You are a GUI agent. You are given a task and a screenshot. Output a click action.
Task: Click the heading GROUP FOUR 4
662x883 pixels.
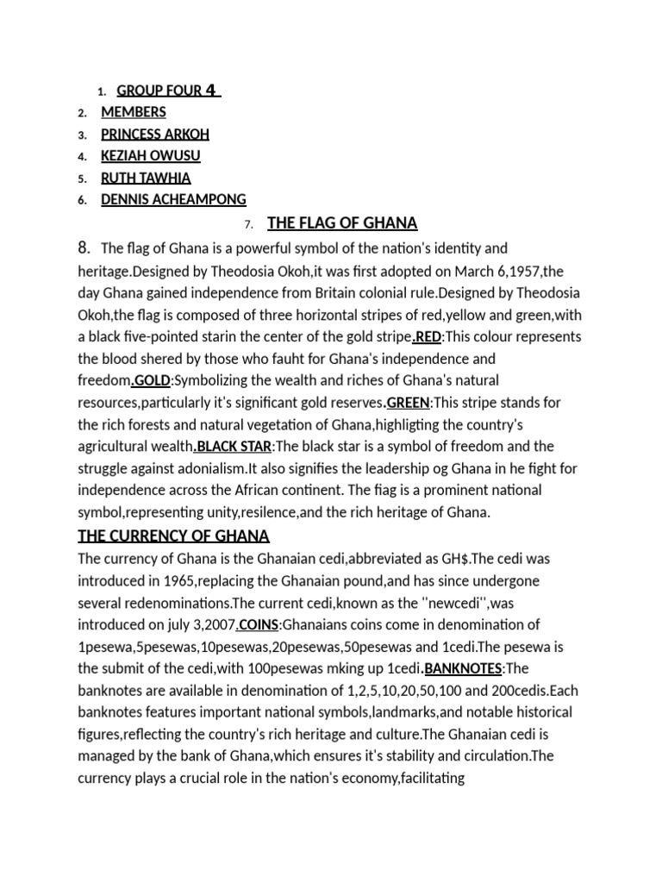click(x=168, y=91)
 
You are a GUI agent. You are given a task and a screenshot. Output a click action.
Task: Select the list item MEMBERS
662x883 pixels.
click(x=134, y=112)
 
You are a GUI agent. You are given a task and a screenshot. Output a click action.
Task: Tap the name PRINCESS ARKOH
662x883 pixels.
click(x=155, y=135)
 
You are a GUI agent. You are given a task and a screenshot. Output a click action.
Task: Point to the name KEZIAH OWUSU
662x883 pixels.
click(x=152, y=156)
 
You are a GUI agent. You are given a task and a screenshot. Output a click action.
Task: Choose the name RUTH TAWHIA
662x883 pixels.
click(x=146, y=178)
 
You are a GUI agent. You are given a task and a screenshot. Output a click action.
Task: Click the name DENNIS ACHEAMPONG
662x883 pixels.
click(x=173, y=200)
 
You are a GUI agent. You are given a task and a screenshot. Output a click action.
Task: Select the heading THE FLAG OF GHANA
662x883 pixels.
click(x=342, y=224)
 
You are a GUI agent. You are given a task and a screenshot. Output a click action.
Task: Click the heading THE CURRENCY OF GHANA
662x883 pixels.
click(x=174, y=535)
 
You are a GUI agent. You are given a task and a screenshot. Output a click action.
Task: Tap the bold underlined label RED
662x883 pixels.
click(x=428, y=336)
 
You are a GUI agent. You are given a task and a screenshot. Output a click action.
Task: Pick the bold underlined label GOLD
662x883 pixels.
click(x=152, y=380)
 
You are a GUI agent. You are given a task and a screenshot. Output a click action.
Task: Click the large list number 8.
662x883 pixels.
click(x=84, y=248)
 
